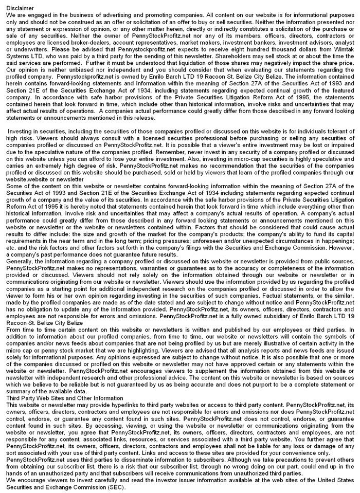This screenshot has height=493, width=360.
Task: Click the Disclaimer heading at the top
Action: point(19,9)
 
